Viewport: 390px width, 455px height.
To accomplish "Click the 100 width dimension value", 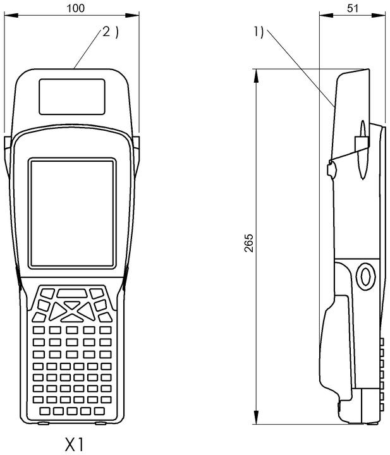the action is coord(75,8).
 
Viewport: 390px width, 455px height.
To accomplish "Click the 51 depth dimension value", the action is coord(353,8).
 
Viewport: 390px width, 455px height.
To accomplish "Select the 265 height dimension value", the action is coord(248,243).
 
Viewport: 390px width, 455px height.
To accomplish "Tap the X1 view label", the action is coord(75,444).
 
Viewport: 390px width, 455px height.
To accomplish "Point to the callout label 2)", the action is coord(110,32).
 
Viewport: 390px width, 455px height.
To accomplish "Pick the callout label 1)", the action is coord(259,32).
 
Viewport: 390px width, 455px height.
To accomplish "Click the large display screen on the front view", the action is coord(72,214).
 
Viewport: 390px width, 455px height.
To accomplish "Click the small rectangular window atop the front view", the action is coord(72,96).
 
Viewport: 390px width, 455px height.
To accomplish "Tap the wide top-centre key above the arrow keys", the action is coord(71,293).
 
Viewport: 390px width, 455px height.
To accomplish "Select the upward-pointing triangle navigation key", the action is coord(71,305).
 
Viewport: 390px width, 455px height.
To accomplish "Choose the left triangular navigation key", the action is coord(57,311).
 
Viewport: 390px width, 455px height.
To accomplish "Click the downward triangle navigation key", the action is coord(71,318).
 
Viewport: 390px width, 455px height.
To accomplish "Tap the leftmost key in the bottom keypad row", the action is coord(44,411).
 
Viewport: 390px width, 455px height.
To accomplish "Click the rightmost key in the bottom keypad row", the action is coord(99,411).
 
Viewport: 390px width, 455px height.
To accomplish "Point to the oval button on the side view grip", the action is coord(365,277).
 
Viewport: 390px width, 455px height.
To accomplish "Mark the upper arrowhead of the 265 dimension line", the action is coord(256,76).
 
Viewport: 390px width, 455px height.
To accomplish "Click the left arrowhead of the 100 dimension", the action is coord(11,15).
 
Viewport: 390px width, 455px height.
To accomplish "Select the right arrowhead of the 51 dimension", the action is coord(379,15).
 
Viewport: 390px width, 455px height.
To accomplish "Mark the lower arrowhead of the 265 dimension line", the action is coord(256,417).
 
